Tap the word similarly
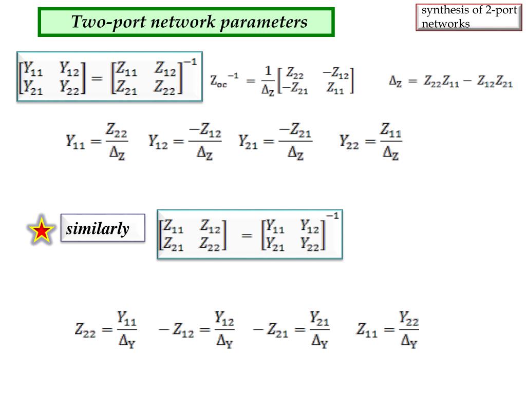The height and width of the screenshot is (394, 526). [98, 229]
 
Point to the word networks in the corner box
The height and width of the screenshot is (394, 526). [445, 24]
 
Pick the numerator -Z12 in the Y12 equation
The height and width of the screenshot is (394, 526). [205, 132]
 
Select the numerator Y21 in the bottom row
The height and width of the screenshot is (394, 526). [319, 320]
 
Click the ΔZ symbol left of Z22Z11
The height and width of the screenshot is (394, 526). [395, 82]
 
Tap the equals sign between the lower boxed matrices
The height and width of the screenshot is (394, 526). [247, 235]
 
